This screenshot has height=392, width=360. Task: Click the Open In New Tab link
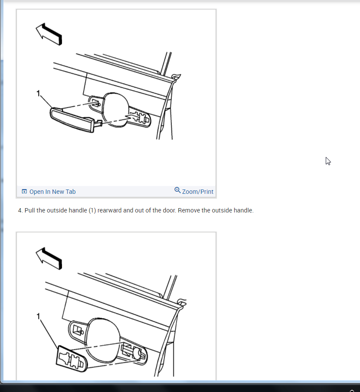click(52, 192)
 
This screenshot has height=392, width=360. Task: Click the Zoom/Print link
click(197, 192)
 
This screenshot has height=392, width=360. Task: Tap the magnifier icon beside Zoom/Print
click(177, 190)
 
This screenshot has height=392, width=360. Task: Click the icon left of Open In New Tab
click(24, 192)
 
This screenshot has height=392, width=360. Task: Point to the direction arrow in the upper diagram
click(49, 34)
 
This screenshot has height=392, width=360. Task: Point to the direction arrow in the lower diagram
click(49, 258)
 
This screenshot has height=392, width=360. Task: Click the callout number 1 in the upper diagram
click(38, 94)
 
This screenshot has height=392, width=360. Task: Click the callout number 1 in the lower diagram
click(38, 317)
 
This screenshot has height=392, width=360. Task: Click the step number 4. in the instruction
click(20, 210)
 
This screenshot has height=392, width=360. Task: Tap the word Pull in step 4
click(29, 210)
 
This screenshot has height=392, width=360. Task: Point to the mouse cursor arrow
click(328, 161)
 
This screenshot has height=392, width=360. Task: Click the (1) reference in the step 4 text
click(92, 210)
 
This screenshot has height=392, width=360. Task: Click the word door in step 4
click(170, 210)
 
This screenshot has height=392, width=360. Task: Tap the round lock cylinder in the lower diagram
click(137, 353)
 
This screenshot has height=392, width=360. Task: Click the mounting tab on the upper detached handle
click(98, 123)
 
